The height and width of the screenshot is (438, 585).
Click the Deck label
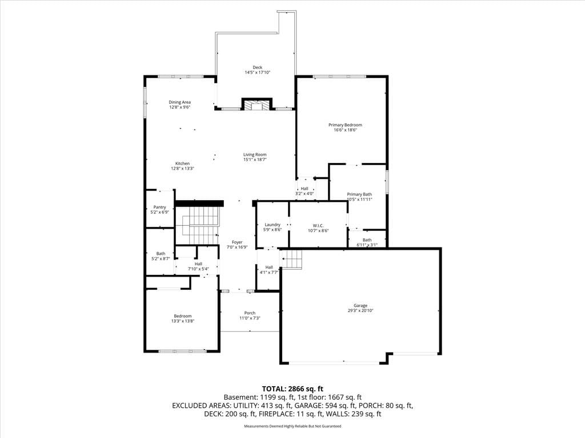click(258, 67)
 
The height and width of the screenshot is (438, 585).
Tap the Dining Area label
click(180, 102)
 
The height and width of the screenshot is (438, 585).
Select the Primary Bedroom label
click(345, 125)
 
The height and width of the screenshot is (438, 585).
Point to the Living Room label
click(255, 155)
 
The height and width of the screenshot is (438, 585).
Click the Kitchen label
click(182, 164)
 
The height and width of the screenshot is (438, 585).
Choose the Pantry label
click(160, 207)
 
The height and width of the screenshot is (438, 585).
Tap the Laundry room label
click(273, 225)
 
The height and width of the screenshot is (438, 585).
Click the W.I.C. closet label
click(318, 226)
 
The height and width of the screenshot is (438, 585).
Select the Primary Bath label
click(359, 194)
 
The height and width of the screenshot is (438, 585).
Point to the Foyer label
click(237, 242)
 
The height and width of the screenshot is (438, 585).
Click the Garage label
click(360, 306)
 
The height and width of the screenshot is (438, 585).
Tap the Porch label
click(250, 313)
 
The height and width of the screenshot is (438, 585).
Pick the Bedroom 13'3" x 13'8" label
click(183, 318)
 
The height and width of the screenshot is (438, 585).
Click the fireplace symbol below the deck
click(257, 104)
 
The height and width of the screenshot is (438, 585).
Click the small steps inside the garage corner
click(291, 259)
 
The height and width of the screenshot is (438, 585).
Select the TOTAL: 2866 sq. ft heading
click(292, 389)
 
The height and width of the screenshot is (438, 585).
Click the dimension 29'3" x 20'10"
click(360, 310)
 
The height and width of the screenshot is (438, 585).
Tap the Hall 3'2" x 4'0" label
click(304, 191)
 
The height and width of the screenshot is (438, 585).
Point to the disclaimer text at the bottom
click(292, 426)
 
